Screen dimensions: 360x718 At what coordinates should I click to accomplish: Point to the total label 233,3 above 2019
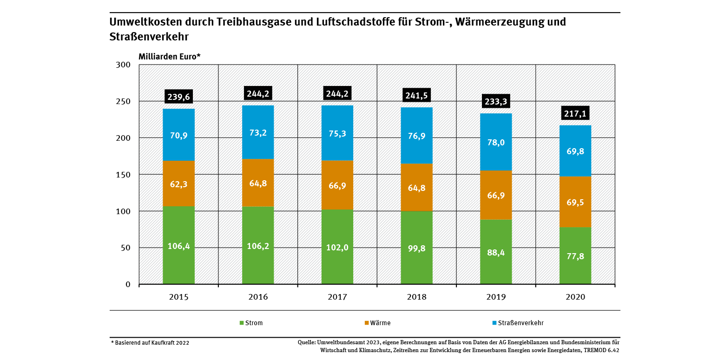pyautogui.click(x=496, y=99)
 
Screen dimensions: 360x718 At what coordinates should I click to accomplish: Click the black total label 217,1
pyautogui.click(x=575, y=113)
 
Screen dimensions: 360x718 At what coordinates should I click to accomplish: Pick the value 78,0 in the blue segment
pyautogui.click(x=496, y=143)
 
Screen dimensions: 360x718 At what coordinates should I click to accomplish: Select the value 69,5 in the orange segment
pyautogui.click(x=575, y=203)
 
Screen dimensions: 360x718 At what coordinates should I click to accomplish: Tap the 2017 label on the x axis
pyautogui.click(x=337, y=297)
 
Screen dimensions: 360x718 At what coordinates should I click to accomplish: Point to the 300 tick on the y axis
pyautogui.click(x=123, y=65)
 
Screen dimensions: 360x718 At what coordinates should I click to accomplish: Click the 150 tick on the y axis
pyautogui.click(x=123, y=175)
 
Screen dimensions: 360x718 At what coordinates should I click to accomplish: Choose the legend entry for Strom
pyautogui.click(x=251, y=323)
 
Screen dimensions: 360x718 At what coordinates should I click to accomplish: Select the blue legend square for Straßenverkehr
pyautogui.click(x=494, y=323)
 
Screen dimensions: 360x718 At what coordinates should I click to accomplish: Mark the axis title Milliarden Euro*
pyautogui.click(x=169, y=56)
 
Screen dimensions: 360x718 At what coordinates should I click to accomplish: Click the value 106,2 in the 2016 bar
pyautogui.click(x=258, y=247)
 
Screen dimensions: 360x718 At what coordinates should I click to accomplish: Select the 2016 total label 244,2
pyautogui.click(x=258, y=93)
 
